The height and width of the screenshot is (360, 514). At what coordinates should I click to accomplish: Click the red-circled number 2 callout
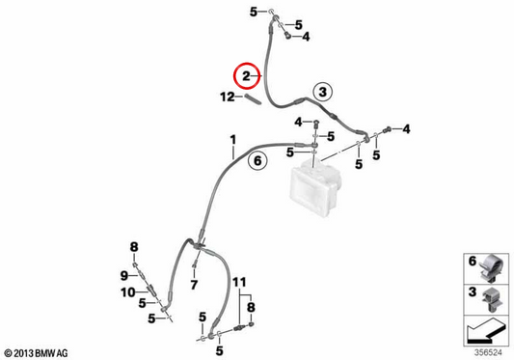coord(247,76)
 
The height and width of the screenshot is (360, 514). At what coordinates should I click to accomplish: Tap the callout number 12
coord(228,97)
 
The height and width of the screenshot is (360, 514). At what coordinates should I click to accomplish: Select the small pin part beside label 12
coord(253,99)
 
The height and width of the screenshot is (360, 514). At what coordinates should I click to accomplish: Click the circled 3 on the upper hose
coord(322,92)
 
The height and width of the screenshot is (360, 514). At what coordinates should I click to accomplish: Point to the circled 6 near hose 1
coord(257,161)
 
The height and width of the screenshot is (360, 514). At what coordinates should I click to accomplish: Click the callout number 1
coord(232,140)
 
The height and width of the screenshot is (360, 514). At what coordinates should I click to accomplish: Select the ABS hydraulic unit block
coord(315,187)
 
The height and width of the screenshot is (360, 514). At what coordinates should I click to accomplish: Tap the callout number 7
coord(194,285)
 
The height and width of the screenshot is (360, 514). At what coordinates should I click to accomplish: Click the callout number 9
coord(123,275)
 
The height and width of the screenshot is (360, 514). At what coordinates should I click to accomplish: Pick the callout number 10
coord(128,292)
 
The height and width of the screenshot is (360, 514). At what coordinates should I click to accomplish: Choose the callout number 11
coord(239,282)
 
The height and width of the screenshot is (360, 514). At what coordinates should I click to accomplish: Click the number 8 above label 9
coord(134,247)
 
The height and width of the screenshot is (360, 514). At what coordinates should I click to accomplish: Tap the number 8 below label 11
coord(251,308)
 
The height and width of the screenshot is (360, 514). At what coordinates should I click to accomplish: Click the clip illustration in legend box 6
coord(492,268)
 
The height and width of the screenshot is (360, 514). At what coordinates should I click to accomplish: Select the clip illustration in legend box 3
coord(492,299)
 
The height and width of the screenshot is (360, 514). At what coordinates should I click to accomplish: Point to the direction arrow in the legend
coord(486,330)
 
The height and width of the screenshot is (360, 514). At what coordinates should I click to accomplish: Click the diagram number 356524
coord(488,353)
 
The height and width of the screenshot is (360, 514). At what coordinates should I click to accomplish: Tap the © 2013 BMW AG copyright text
coord(36,353)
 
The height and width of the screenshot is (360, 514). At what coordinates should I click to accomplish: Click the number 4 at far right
coord(406,129)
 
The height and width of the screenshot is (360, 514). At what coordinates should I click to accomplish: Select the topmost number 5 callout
coord(254,13)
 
